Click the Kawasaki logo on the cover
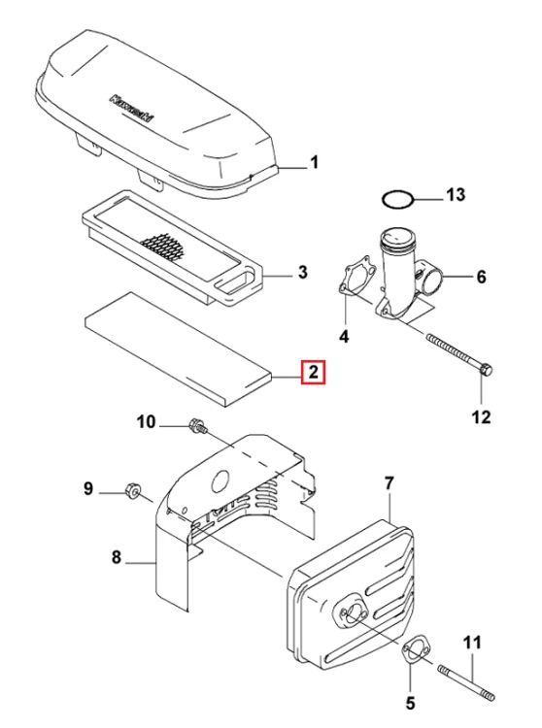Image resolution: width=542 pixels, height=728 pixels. tap(132, 109)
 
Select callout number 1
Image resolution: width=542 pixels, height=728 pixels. tap(315, 162)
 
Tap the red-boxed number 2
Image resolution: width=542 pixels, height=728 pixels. tap(314, 372)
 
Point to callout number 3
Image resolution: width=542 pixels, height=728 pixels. tap(303, 272)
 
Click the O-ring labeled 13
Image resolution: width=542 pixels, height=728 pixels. tap(397, 200)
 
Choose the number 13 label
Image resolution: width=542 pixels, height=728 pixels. tap(456, 194)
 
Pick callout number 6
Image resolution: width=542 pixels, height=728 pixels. tap(481, 277)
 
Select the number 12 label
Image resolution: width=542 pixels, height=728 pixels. tap(481, 416)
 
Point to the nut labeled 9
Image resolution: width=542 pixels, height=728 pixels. tap(133, 490)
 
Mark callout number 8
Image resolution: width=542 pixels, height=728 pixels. tap(117, 556)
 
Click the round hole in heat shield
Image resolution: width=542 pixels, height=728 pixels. tap(220, 481)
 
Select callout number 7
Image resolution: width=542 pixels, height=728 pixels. tap(389, 483)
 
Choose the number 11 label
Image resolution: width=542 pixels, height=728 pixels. tap(472, 643)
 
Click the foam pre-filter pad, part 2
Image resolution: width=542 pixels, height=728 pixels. tap(178, 349)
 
